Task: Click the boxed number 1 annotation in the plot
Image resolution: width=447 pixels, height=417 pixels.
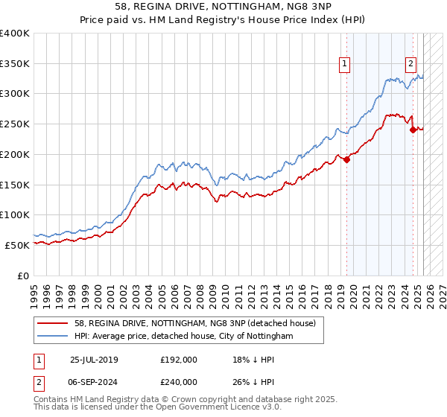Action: point(346,65)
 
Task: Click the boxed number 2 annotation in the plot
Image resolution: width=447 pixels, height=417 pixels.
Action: point(410,65)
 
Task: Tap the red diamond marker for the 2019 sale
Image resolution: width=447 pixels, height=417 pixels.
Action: point(347,159)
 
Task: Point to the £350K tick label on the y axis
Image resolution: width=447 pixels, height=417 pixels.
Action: point(15,64)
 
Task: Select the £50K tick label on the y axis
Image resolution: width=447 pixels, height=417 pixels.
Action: point(18,245)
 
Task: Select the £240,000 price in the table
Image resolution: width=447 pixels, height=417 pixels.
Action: point(179,381)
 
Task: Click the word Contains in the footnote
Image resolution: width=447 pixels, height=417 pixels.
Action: point(51,401)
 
